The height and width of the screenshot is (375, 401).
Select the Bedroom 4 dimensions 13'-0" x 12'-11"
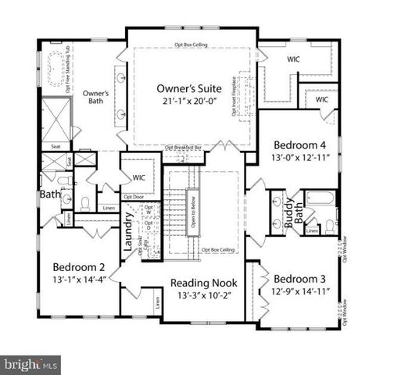pos(301,159)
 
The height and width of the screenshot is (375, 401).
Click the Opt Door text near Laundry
pos(134,196)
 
